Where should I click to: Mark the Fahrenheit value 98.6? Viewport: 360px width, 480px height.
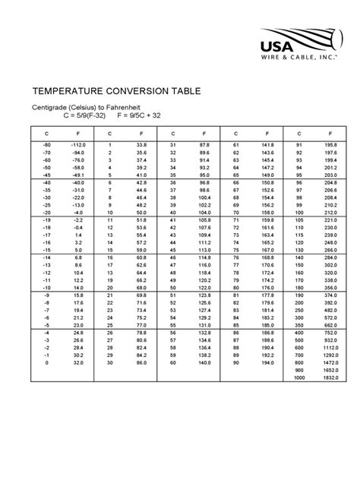point(204,190)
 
